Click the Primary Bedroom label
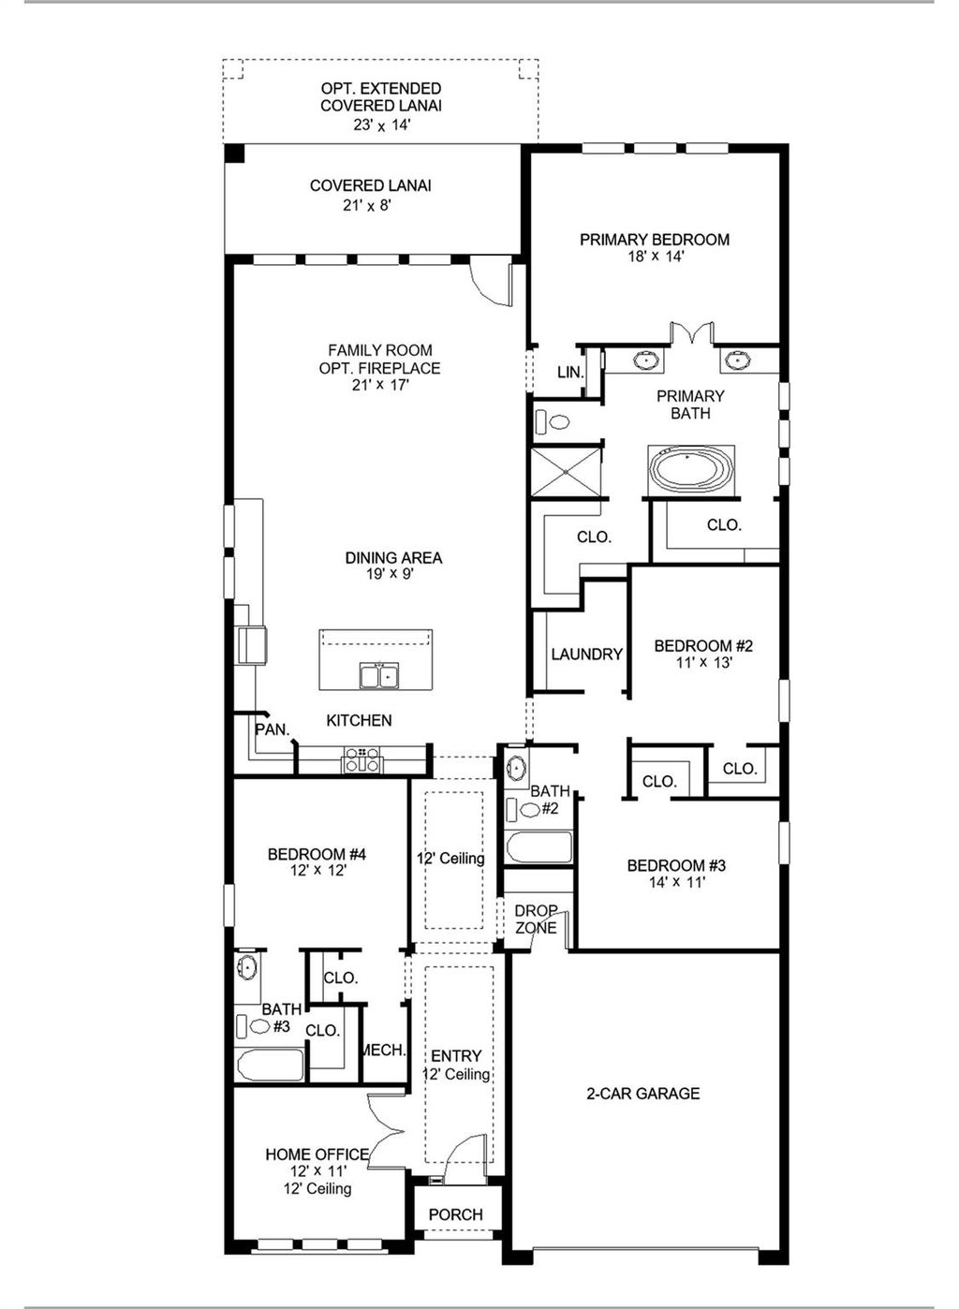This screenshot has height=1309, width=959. (x=654, y=240)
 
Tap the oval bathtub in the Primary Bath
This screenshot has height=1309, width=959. (x=691, y=468)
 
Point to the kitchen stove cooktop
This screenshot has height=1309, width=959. (x=362, y=759)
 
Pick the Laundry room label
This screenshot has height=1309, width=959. (x=586, y=654)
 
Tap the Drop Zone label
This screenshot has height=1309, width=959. (x=536, y=919)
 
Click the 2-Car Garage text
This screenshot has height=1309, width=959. (x=642, y=1093)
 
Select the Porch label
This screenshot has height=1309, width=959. (x=456, y=1214)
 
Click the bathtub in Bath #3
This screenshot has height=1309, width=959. (x=270, y=1065)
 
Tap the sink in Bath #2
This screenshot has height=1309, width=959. (x=516, y=770)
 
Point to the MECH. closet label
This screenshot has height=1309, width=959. (x=383, y=1051)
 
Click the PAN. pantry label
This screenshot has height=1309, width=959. (x=273, y=729)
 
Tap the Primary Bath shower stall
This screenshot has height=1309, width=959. (x=566, y=471)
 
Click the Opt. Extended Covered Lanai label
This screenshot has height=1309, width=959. (x=381, y=97)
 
